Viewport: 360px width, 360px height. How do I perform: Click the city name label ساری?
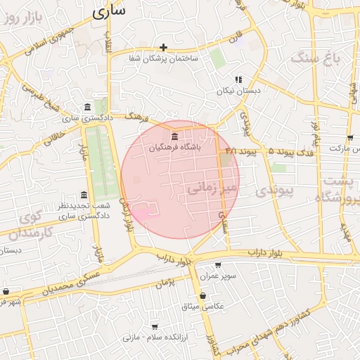(108, 11)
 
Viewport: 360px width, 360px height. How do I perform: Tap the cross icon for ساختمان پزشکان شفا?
(164, 48)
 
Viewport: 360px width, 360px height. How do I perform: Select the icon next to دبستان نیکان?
(238, 79)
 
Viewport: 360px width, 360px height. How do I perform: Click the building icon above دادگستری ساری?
(86, 107)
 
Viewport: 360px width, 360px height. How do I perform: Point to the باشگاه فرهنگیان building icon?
(174, 136)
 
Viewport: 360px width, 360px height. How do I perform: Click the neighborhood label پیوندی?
(269, 191)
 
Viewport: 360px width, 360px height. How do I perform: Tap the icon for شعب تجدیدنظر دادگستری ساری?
(84, 194)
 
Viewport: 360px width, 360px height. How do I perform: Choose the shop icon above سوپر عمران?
(217, 265)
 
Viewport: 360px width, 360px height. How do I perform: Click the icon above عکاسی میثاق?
(202, 295)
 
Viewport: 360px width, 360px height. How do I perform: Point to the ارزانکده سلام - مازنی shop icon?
(155, 327)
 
